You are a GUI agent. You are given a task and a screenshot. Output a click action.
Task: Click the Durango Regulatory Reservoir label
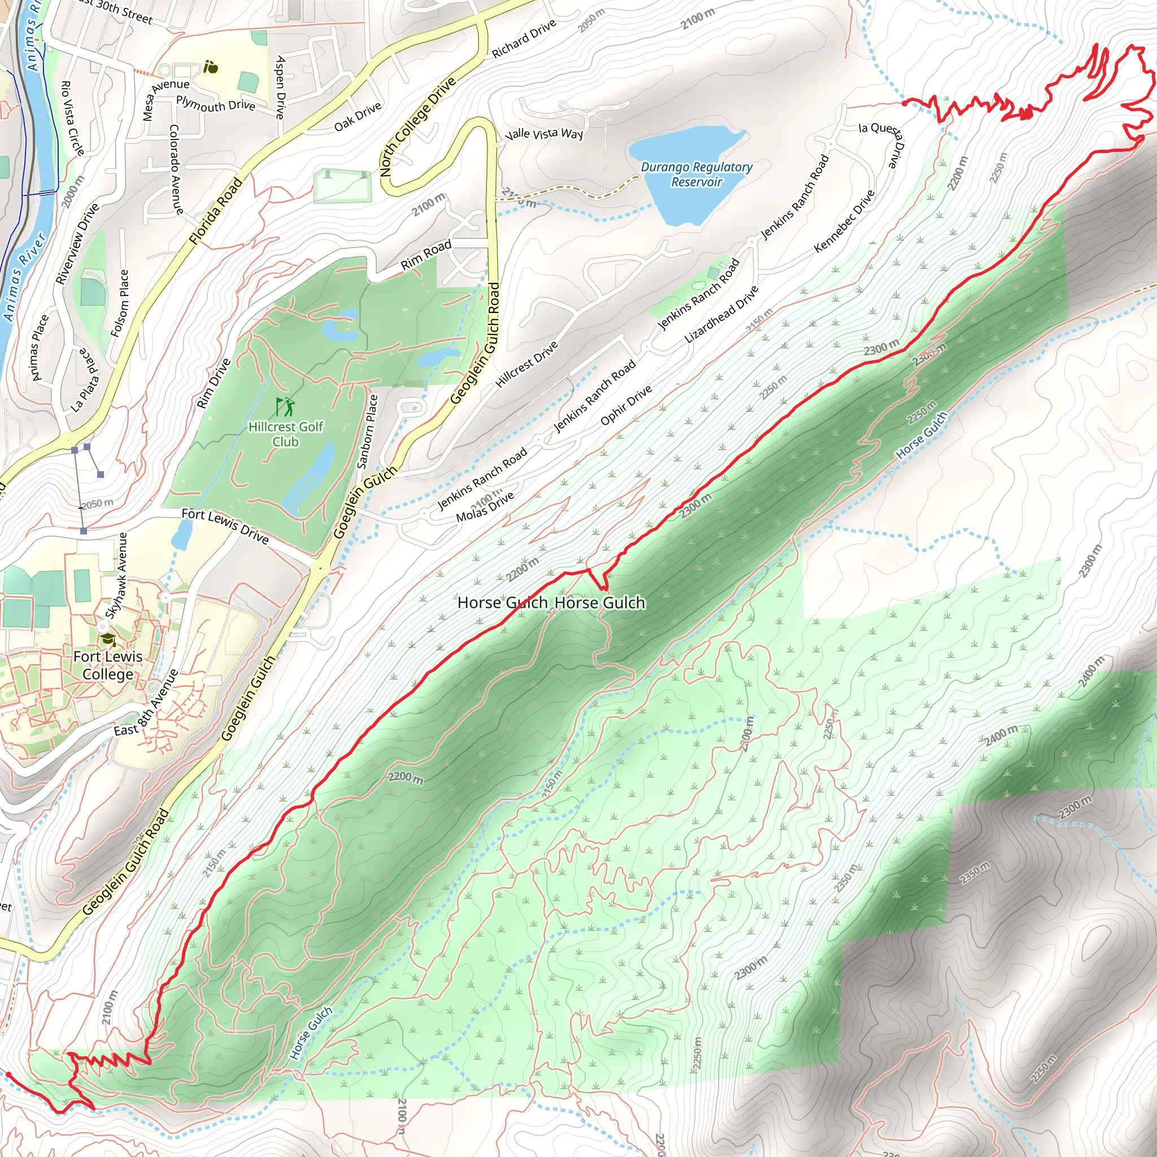697,174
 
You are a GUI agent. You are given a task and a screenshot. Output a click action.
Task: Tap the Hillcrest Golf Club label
286,433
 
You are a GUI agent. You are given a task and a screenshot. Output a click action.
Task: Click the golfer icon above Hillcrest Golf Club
286,407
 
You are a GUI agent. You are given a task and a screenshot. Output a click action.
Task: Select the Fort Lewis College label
108,665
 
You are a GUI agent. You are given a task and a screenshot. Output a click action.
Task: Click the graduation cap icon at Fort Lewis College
108,640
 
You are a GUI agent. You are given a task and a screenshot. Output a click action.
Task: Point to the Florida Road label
216,211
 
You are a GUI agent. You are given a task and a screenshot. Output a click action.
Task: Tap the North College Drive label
417,127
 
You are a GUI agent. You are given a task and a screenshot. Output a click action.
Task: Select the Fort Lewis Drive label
225,525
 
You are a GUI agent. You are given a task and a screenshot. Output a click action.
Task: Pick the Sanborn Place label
367,431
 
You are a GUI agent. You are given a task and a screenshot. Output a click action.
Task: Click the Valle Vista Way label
544,133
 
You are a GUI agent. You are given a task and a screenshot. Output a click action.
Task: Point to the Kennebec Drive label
845,221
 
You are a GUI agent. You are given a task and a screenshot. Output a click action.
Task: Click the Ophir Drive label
626,406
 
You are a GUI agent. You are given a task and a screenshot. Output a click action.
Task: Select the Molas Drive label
485,507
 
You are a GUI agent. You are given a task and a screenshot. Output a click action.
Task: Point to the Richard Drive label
524,39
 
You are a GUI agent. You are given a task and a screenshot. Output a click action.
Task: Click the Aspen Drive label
280,88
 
